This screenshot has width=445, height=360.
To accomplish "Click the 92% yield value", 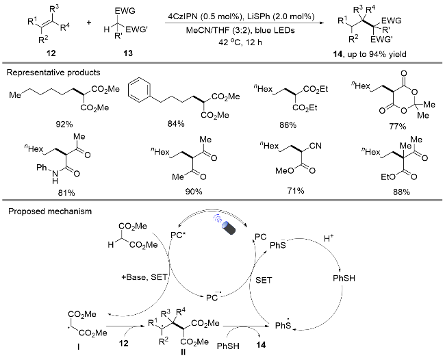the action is coord(64,125).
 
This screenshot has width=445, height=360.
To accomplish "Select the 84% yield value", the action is coord(176,123).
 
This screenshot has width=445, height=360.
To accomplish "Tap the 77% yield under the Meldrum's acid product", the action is coord(398,126).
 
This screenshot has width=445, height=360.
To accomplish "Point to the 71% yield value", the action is coord(296,191).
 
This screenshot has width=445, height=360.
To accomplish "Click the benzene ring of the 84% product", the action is coord(140,90).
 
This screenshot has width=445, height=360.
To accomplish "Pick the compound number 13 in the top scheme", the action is coord(128,53).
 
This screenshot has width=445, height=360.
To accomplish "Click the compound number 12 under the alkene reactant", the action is coord(51,53).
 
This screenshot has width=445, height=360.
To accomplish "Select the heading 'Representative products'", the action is coord(53,73).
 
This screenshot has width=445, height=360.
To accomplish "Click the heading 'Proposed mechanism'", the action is coord(50,211).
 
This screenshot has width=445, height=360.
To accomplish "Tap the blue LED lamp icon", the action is coord(228,226).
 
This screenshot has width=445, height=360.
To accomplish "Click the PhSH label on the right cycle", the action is coord(344,279).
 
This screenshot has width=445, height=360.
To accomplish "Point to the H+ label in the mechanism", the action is coord(329,238).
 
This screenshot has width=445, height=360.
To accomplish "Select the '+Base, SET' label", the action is coord(144,277).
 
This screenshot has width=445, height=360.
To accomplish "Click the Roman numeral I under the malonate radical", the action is coord(78,346).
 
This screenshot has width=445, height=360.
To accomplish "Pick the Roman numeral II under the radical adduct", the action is coord(183,352).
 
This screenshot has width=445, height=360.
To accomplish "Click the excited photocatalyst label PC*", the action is coord(177,235).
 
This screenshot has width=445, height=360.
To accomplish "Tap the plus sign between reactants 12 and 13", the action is coord(89,23).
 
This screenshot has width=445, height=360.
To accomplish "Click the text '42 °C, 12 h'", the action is coord(240,42).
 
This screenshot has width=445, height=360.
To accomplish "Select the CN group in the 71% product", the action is coord(316,146).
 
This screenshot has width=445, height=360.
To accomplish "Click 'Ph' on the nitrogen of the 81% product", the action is coord(42,168).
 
